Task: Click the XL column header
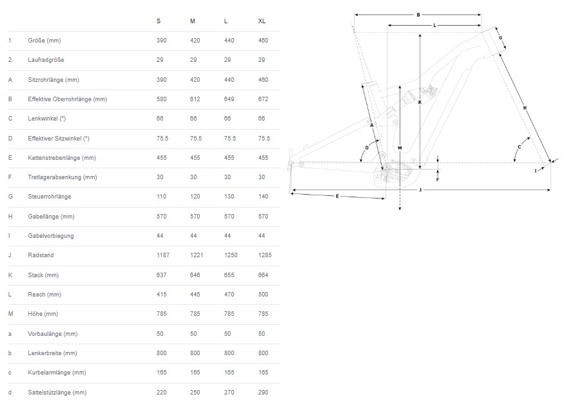(x=262, y=21)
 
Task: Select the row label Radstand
(x=41, y=255)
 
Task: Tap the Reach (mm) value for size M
(x=195, y=295)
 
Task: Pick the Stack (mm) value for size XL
(x=263, y=275)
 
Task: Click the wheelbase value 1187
(x=163, y=255)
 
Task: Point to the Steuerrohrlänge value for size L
(x=229, y=197)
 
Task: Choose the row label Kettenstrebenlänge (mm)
(x=62, y=158)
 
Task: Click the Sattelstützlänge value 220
(x=161, y=392)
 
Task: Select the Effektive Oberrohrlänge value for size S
(x=161, y=99)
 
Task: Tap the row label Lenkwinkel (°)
(x=47, y=119)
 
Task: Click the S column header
(x=159, y=21)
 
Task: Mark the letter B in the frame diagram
(x=418, y=15)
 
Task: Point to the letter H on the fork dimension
(x=525, y=108)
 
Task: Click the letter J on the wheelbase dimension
(x=420, y=190)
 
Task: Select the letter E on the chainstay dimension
(x=337, y=196)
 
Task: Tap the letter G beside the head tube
(x=501, y=38)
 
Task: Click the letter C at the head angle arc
(x=520, y=147)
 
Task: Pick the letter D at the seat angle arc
(x=367, y=148)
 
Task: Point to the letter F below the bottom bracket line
(x=438, y=180)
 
